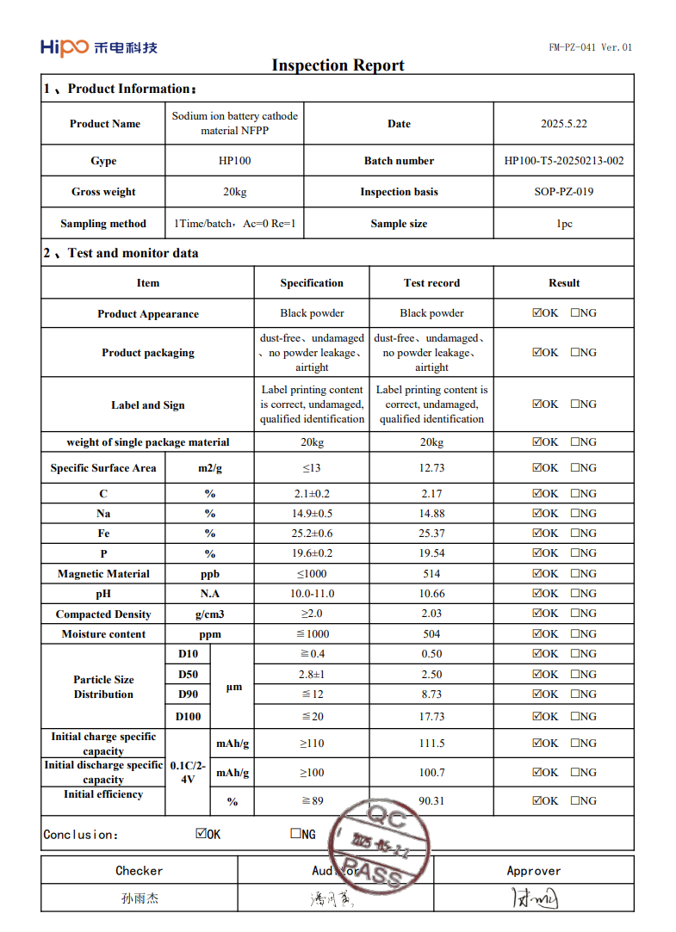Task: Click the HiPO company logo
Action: (x=98, y=47)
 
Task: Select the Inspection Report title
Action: (x=338, y=65)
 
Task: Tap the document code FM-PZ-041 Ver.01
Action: (x=590, y=47)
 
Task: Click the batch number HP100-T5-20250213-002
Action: (x=564, y=161)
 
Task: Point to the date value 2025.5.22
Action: (x=564, y=124)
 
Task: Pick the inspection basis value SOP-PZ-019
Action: (x=564, y=192)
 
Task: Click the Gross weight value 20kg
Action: (x=234, y=192)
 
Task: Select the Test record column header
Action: (x=431, y=283)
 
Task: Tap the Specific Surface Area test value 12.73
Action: (x=431, y=468)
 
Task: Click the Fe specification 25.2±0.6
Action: (x=312, y=534)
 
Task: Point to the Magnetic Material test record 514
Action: (x=431, y=574)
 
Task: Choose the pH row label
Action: (x=103, y=594)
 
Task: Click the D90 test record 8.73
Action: (x=431, y=694)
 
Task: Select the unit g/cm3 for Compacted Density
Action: (x=209, y=614)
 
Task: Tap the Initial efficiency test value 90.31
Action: (x=431, y=801)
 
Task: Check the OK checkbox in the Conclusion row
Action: (x=201, y=834)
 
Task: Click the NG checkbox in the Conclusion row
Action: (x=295, y=834)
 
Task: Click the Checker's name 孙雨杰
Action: (x=140, y=898)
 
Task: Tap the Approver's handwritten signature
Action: (x=534, y=899)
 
